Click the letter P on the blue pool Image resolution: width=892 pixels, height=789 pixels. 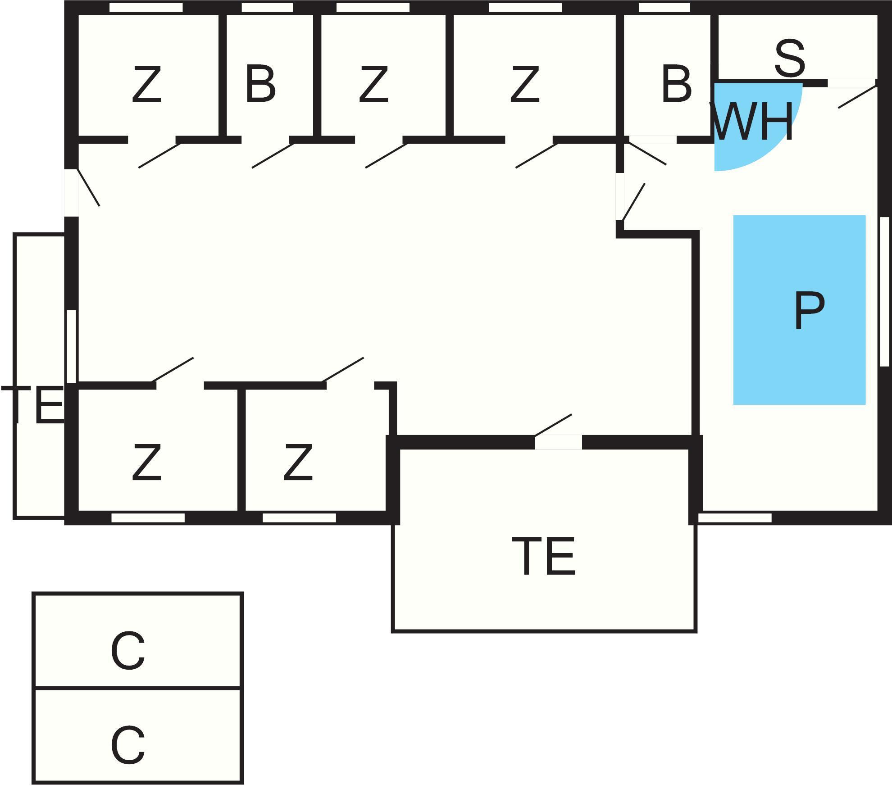809,310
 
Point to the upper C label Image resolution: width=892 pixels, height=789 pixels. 128,651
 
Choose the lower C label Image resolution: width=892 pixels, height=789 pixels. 128,745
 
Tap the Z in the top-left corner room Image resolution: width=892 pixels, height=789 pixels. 146,84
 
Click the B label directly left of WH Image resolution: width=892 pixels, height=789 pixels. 676,84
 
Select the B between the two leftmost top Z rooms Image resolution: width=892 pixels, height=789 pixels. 260,84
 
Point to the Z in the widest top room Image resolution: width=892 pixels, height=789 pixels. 524,84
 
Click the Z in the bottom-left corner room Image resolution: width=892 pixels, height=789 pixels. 146,462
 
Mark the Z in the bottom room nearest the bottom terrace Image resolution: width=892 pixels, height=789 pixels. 298,462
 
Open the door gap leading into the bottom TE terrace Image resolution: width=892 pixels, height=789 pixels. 558,442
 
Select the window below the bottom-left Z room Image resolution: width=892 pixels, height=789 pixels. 148,518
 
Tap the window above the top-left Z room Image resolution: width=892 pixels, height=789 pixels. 146,8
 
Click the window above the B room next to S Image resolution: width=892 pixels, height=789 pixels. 664,8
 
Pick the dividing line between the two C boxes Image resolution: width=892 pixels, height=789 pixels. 138,688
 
